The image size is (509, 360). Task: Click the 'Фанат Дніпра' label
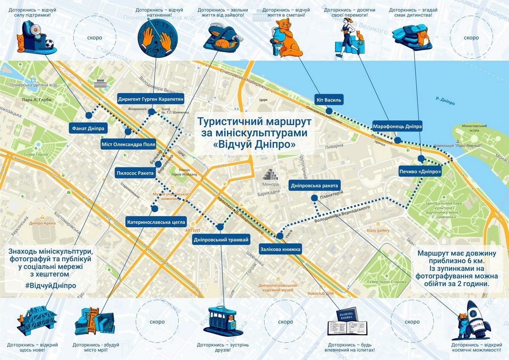(x=88, y=128)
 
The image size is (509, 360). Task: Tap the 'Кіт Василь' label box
(x=329, y=100)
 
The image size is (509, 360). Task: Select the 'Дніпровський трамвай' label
(x=221, y=240)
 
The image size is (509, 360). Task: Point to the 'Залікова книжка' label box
(x=280, y=249)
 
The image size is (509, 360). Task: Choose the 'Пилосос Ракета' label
(x=135, y=173)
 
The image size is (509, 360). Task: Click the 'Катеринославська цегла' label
(x=156, y=222)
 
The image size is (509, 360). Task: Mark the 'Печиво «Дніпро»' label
(x=420, y=172)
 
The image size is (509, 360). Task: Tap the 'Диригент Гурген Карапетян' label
(x=151, y=99)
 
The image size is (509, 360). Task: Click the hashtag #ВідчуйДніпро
(x=50, y=285)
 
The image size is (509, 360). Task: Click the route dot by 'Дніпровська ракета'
(x=314, y=198)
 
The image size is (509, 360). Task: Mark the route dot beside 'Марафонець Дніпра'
(x=397, y=140)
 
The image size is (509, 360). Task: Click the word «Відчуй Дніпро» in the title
(x=255, y=144)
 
